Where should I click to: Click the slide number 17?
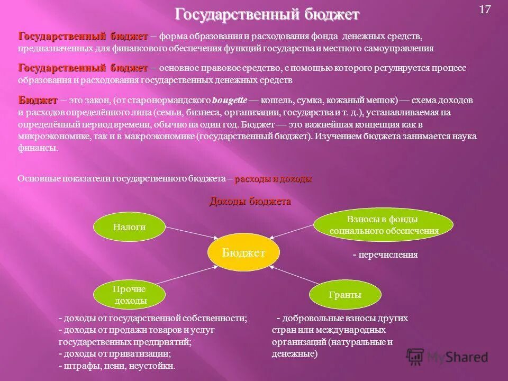click(x=485, y=10)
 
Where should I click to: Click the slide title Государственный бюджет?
click(x=267, y=14)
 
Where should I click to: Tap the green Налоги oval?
click(x=129, y=227)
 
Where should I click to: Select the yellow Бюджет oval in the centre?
click(x=243, y=252)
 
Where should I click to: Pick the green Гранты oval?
click(x=344, y=295)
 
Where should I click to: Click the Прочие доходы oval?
click(x=129, y=295)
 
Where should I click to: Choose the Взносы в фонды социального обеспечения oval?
click(x=384, y=225)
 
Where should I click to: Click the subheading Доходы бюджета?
click(x=250, y=202)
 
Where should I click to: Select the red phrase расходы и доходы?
click(x=273, y=179)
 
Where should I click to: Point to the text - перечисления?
click(x=385, y=255)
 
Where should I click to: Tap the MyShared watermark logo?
click(x=447, y=357)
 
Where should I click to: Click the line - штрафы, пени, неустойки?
click(x=116, y=366)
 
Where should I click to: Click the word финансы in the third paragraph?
click(x=38, y=148)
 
